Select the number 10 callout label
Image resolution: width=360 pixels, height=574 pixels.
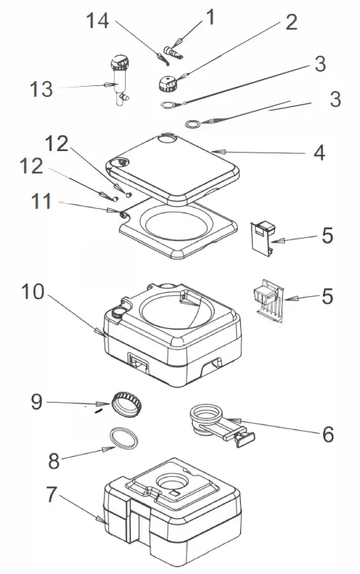[33, 291]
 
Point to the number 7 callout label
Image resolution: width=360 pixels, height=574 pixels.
[51, 494]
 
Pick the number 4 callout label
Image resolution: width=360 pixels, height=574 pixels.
[319, 153]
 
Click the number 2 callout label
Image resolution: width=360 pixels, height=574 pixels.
[291, 22]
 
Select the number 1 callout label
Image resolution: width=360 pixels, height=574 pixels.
[210, 17]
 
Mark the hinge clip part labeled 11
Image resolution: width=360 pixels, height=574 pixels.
[122, 214]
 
